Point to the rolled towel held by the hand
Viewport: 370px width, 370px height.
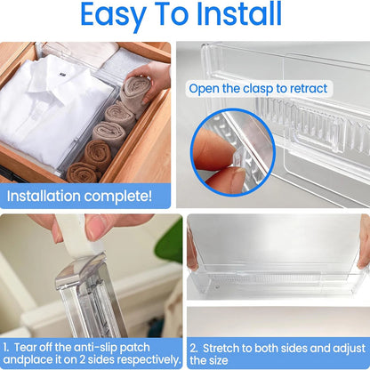[x=136, y=89]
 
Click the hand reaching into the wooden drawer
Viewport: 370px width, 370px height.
[x=157, y=78]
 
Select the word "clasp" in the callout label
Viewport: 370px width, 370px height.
[x=267, y=89]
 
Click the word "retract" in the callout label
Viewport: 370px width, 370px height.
[x=307, y=89]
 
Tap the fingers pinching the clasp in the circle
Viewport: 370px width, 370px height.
[x=213, y=151]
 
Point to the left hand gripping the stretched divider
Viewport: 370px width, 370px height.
[x=191, y=250]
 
